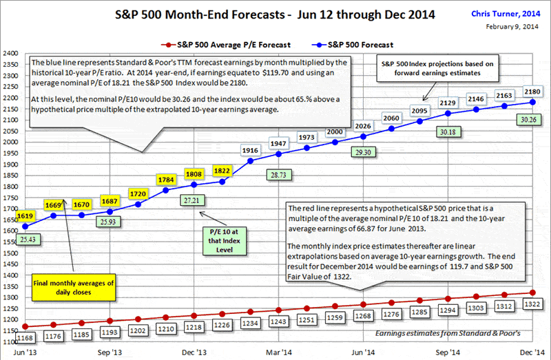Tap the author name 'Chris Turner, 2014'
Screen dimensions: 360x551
click(x=507, y=13)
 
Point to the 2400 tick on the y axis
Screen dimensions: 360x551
click(x=10, y=53)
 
